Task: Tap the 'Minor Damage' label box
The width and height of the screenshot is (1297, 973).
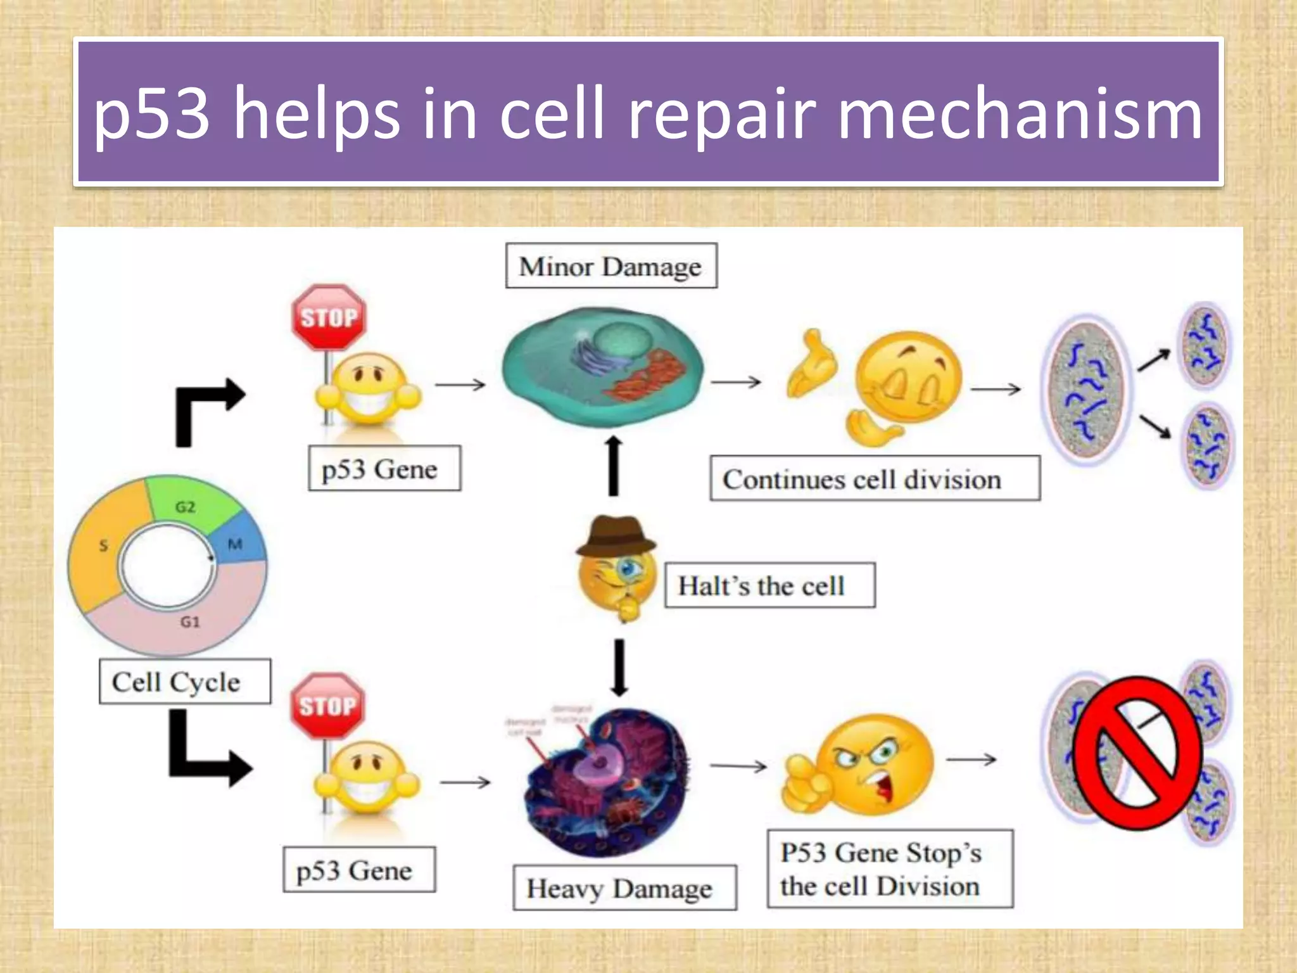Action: (611, 266)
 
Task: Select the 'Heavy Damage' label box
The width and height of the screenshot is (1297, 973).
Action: (624, 887)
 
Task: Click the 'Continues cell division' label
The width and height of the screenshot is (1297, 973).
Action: (874, 479)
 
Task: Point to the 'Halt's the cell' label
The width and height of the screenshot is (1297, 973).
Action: (769, 585)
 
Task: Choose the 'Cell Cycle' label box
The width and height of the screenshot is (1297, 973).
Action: (185, 682)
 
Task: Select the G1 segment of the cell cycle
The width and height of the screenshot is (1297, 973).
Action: (190, 624)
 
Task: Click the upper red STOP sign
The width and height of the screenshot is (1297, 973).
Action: (329, 317)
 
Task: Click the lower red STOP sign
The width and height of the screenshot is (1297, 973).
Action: (327, 706)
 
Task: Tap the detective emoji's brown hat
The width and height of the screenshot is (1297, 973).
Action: (616, 536)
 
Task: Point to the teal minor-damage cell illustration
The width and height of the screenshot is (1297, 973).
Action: (602, 367)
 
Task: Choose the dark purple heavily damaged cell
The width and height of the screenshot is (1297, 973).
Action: (608, 782)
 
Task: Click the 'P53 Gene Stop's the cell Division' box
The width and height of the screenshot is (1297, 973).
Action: (890, 868)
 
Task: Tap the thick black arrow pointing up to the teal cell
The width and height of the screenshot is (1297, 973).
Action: (613, 466)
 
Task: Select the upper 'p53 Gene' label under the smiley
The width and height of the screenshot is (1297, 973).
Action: (384, 468)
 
